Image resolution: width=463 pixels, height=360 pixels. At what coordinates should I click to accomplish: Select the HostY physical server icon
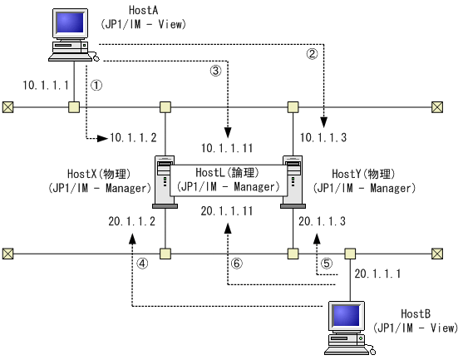[x=293, y=180]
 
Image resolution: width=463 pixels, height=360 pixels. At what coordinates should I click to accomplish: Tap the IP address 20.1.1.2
[x=133, y=221]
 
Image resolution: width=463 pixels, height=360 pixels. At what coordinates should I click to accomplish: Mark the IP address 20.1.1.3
[x=323, y=221]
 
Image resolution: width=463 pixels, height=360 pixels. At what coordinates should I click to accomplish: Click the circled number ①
[x=96, y=84]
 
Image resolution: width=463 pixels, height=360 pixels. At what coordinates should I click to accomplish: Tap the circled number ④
[x=142, y=262]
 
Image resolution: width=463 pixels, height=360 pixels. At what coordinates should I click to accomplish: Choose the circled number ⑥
[x=237, y=262]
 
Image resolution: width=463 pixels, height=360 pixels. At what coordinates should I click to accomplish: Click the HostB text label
[x=415, y=313]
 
